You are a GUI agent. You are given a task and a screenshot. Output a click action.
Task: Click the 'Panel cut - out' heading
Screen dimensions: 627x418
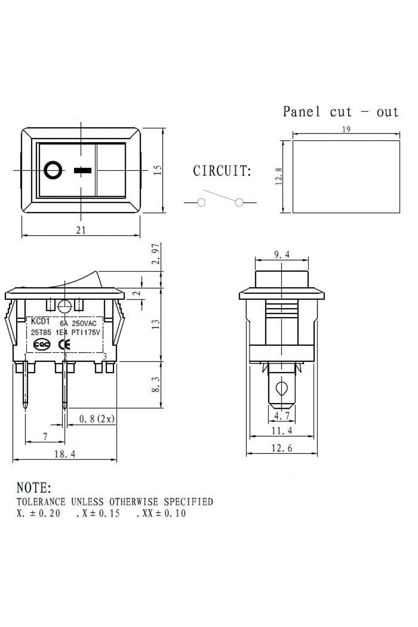(341, 112)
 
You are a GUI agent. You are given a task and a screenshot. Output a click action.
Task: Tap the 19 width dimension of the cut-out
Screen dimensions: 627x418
(346, 129)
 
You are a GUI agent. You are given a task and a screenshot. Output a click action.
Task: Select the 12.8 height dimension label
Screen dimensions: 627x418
(279, 176)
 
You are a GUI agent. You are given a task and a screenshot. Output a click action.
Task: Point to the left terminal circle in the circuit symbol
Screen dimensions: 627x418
(201, 202)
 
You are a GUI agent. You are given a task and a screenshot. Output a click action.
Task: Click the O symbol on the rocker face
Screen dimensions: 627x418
(53, 170)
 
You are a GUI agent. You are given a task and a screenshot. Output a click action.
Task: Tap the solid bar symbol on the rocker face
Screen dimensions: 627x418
(83, 170)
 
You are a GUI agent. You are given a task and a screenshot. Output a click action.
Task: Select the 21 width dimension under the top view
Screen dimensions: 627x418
(81, 230)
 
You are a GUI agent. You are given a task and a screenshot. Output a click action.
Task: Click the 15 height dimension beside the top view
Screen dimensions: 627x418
(158, 170)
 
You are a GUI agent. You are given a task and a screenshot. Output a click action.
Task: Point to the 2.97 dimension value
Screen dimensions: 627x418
(156, 254)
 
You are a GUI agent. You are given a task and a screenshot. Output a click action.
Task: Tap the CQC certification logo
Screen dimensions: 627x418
(42, 345)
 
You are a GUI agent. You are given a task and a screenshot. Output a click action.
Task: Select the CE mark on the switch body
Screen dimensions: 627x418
(64, 345)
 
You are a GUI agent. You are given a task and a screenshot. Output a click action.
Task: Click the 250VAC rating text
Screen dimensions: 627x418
(84, 323)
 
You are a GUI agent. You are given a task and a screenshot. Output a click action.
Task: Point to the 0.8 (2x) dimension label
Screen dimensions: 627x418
(97, 419)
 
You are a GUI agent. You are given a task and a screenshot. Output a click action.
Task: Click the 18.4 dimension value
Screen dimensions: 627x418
(65, 454)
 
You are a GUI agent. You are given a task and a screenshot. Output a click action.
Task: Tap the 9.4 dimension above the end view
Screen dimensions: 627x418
(282, 255)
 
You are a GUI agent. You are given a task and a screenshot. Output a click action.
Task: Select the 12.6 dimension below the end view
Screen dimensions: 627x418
(282, 448)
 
